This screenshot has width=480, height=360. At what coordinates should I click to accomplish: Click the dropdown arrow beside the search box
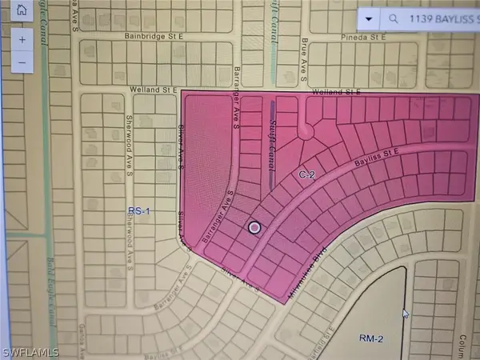(367, 17)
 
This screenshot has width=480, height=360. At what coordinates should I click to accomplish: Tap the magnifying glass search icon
(393, 17)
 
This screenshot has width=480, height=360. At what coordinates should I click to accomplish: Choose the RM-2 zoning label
(370, 339)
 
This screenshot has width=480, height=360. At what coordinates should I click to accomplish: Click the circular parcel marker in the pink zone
(254, 228)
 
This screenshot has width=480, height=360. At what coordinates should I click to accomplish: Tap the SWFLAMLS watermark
(30, 350)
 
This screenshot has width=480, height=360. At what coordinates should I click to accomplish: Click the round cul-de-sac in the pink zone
(305, 132)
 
